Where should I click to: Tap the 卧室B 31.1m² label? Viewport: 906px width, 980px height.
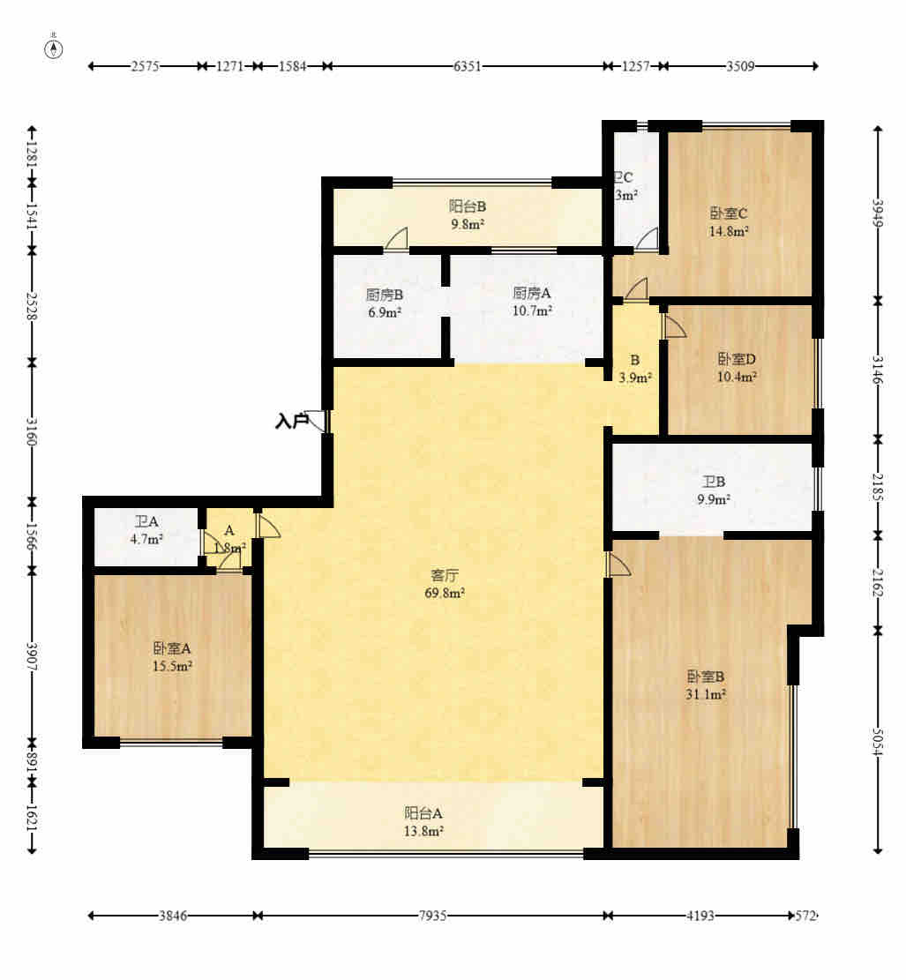[706, 685]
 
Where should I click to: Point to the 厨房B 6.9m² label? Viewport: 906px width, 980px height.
[385, 303]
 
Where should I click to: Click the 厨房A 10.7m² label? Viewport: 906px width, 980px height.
[532, 302]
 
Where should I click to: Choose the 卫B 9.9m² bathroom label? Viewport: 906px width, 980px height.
[714, 490]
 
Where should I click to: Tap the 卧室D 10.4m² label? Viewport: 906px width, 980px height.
[737, 368]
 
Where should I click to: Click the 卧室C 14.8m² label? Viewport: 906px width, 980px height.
[729, 221]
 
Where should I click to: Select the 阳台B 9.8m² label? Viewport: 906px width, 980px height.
[467, 214]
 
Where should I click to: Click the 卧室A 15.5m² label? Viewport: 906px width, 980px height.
[173, 657]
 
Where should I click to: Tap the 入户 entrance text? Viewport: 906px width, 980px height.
[291, 422]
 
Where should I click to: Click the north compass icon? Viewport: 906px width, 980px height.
[54, 49]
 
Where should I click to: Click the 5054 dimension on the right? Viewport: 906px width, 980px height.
[878, 741]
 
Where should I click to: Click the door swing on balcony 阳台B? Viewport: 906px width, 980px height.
[397, 239]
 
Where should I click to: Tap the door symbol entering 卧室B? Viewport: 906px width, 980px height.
[618, 565]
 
